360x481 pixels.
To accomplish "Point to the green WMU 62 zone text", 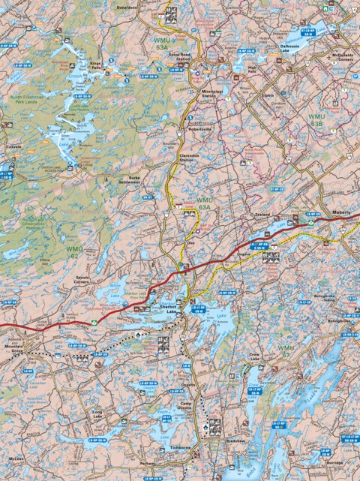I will pyautogui.click(x=75, y=251).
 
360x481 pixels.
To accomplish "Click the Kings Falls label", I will pyautogui.click(x=95, y=66).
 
